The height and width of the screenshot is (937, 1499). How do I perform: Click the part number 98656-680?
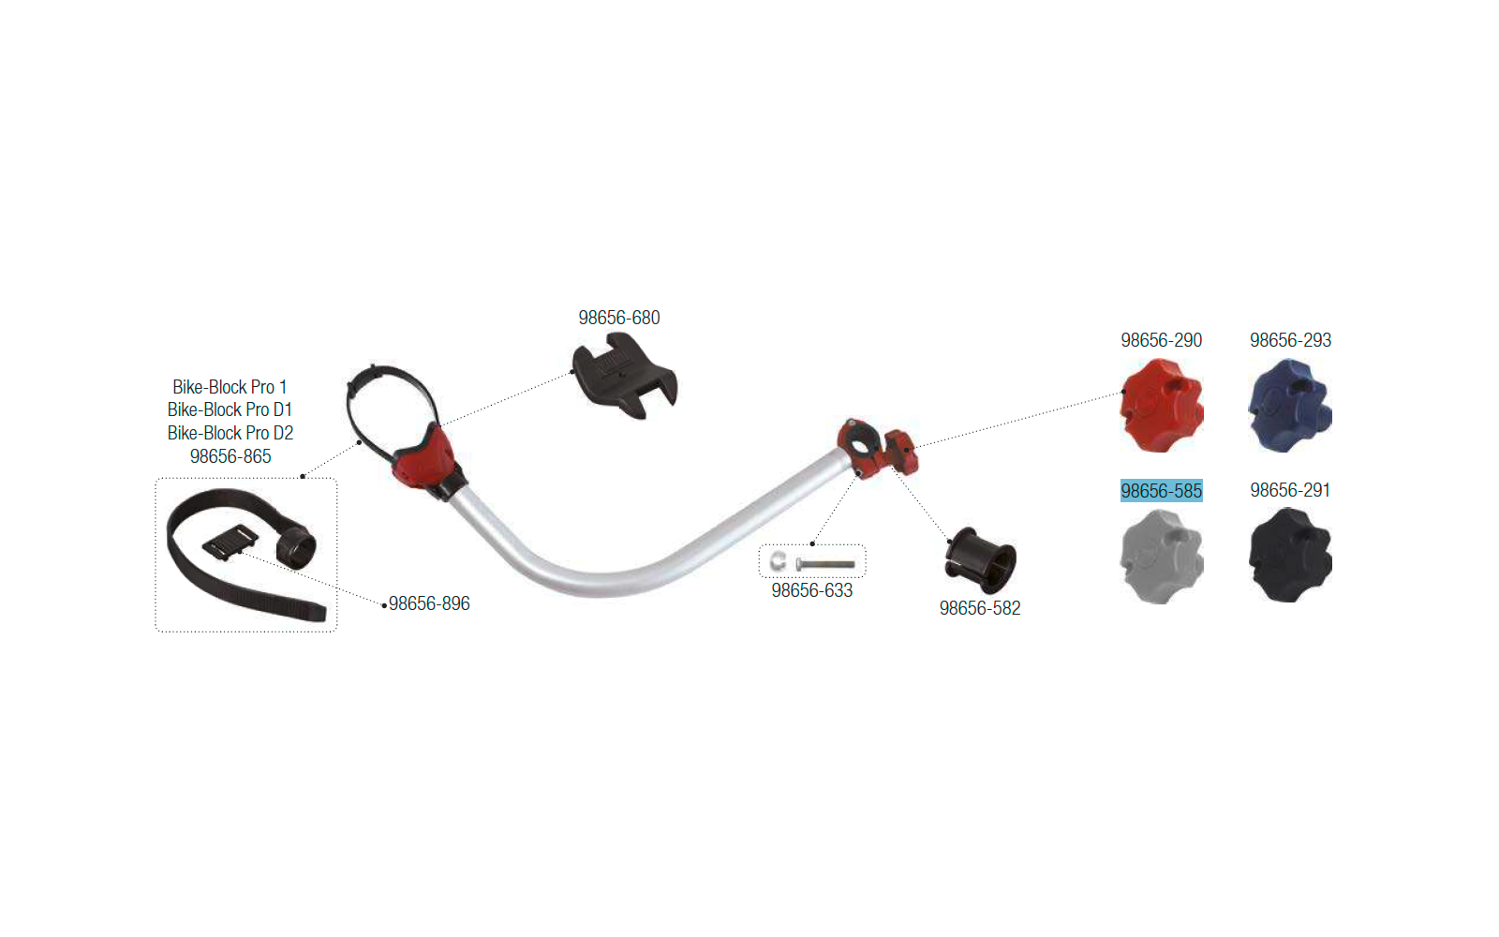619,318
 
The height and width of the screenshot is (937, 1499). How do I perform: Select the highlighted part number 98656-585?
1161,491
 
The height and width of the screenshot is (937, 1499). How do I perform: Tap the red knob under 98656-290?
1162,406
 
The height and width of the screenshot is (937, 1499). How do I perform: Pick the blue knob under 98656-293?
1290,406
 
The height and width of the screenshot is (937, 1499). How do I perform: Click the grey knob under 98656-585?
1162,557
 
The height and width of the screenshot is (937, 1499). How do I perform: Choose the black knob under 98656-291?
1290,556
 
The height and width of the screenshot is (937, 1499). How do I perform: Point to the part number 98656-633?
811,590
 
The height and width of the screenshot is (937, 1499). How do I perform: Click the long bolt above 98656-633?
825,564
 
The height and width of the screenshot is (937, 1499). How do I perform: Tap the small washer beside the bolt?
778,561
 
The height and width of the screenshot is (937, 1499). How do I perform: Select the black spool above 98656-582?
980,560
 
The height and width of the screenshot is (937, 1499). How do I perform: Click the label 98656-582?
980,608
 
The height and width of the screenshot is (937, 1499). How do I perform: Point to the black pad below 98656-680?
624,377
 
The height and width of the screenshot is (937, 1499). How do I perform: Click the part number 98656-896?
429,603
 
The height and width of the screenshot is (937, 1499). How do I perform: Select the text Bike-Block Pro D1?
230,409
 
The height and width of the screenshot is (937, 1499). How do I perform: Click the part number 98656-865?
230,455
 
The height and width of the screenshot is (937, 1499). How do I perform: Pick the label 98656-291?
1289,490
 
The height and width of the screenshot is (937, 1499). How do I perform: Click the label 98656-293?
1290,340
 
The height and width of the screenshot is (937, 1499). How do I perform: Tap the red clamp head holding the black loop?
426,458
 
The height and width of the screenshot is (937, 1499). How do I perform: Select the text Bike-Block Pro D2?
230,432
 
